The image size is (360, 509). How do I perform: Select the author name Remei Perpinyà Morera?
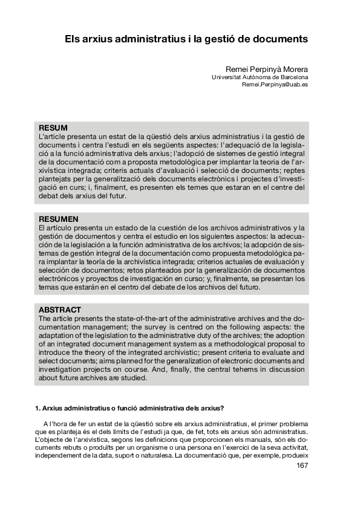click(267, 69)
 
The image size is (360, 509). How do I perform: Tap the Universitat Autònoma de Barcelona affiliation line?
click(260, 77)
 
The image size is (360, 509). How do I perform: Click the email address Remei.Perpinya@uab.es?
click(275, 85)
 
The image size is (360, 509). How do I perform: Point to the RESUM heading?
click(53, 128)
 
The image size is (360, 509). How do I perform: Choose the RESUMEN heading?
click(58, 218)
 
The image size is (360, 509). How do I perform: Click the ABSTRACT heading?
click(60, 310)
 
